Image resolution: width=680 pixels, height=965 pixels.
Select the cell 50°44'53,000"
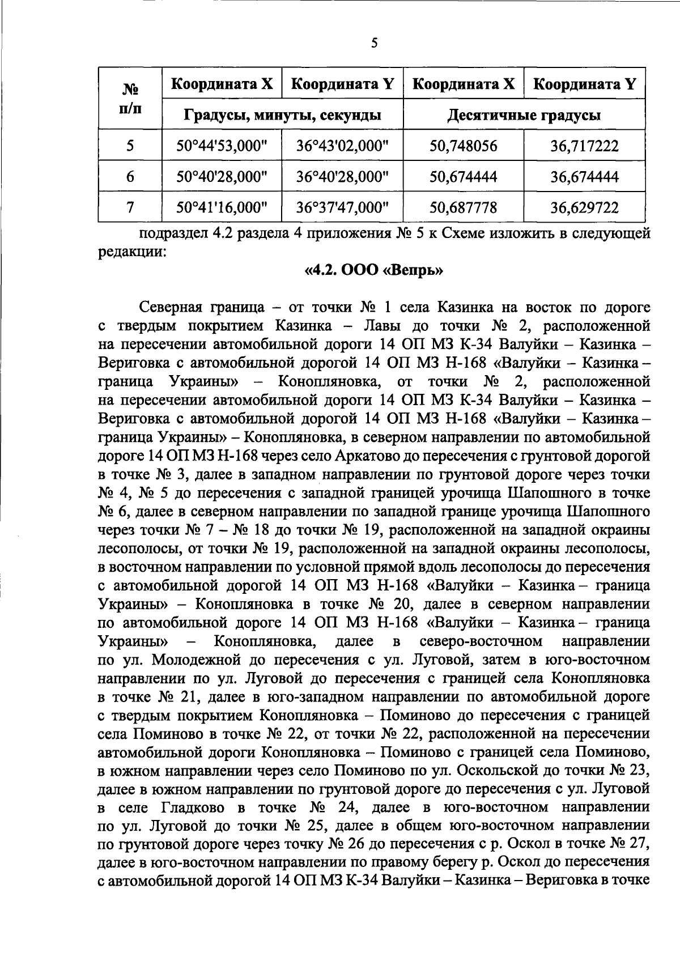[222, 146]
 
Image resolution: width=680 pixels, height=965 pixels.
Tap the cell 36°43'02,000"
[342, 146]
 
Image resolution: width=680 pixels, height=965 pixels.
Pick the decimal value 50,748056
[463, 146]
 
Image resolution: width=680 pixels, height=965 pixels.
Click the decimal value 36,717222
[584, 146]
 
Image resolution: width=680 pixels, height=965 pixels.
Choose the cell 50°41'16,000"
[222, 207]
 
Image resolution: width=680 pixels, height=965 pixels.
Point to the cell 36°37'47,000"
[342, 207]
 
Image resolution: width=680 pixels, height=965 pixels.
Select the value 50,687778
[463, 207]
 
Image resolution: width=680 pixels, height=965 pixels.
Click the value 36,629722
[584, 207]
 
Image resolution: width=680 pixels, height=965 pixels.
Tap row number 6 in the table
[130, 176]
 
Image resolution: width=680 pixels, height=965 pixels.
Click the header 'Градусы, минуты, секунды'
[282, 116]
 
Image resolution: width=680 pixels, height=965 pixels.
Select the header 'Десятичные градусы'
[524, 116]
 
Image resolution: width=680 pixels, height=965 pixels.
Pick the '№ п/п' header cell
[130, 99]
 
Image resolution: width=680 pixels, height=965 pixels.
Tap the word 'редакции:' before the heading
[132, 252]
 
